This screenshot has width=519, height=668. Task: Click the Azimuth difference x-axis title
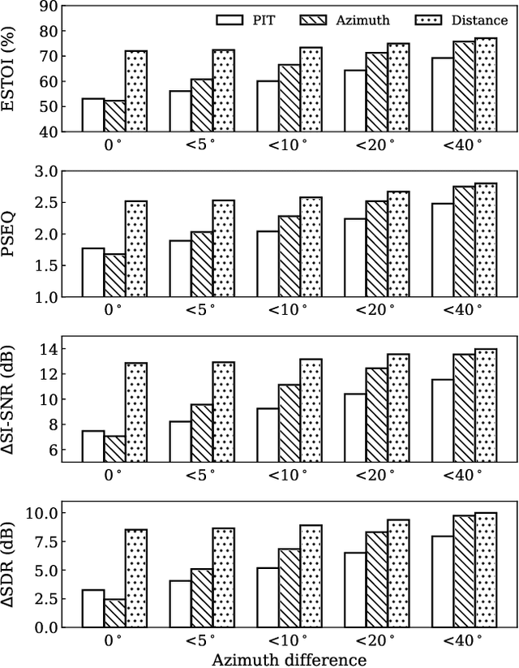(x=290, y=659)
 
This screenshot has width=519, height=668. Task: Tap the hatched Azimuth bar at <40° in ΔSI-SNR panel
(x=464, y=407)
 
